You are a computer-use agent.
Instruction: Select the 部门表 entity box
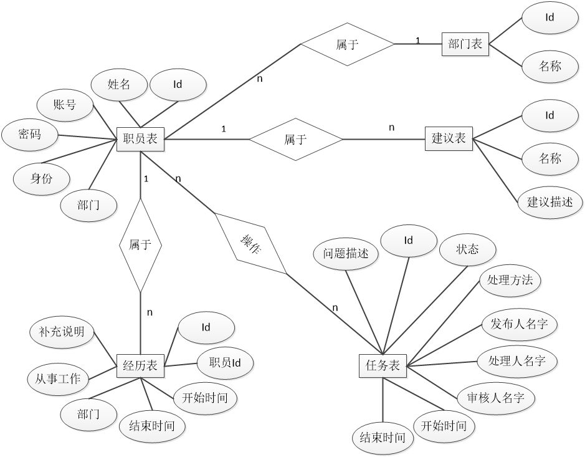click(465, 44)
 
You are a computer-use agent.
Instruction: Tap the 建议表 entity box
click(449, 138)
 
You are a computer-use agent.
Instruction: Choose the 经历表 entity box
click(141, 365)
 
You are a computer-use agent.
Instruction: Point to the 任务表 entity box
click(383, 365)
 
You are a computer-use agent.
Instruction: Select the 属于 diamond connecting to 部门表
click(348, 44)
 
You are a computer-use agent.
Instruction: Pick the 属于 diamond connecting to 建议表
click(296, 139)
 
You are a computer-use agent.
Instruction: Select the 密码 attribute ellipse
click(30, 134)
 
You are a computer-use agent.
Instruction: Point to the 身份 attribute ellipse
click(42, 178)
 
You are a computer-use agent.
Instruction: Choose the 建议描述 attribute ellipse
click(550, 202)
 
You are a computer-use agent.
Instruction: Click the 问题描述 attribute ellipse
click(346, 254)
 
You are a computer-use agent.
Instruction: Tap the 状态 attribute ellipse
click(468, 249)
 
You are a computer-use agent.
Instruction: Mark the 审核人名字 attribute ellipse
click(496, 397)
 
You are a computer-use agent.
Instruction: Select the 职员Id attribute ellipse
click(225, 362)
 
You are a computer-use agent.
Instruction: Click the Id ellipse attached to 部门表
click(549, 18)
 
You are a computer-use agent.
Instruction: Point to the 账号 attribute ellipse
click(65, 105)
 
